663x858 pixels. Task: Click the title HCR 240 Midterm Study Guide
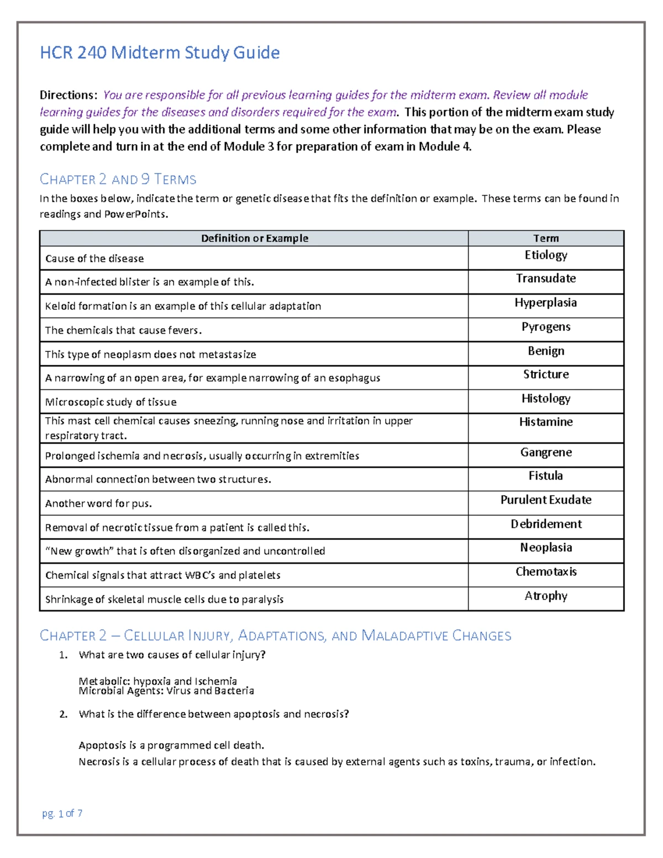pyautogui.click(x=160, y=52)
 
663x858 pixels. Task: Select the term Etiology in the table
pyautogui.click(x=546, y=255)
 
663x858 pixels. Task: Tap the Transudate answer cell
pyautogui.click(x=546, y=278)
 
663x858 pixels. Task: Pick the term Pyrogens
pyautogui.click(x=546, y=327)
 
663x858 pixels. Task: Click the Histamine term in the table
pyautogui.click(x=546, y=422)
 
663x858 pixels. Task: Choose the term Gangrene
pyautogui.click(x=546, y=452)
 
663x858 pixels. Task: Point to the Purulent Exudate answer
pyautogui.click(x=546, y=500)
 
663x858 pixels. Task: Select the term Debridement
pyautogui.click(x=546, y=524)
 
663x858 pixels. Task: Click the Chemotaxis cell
pyautogui.click(x=546, y=572)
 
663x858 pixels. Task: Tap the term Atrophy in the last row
pyautogui.click(x=546, y=596)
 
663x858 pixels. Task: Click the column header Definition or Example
pyautogui.click(x=254, y=238)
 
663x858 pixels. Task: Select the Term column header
pyautogui.click(x=546, y=238)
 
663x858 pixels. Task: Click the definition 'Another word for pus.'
pyautogui.click(x=98, y=503)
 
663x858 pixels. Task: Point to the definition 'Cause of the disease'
pyautogui.click(x=94, y=259)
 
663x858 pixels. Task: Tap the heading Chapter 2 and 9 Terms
pyautogui.click(x=118, y=179)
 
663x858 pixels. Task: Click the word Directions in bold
pyautogui.click(x=68, y=95)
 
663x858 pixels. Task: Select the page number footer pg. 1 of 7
pyautogui.click(x=62, y=813)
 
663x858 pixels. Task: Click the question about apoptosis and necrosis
pyautogui.click(x=214, y=714)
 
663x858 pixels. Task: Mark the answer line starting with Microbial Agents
pyautogui.click(x=166, y=691)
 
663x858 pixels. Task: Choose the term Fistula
pyautogui.click(x=546, y=476)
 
